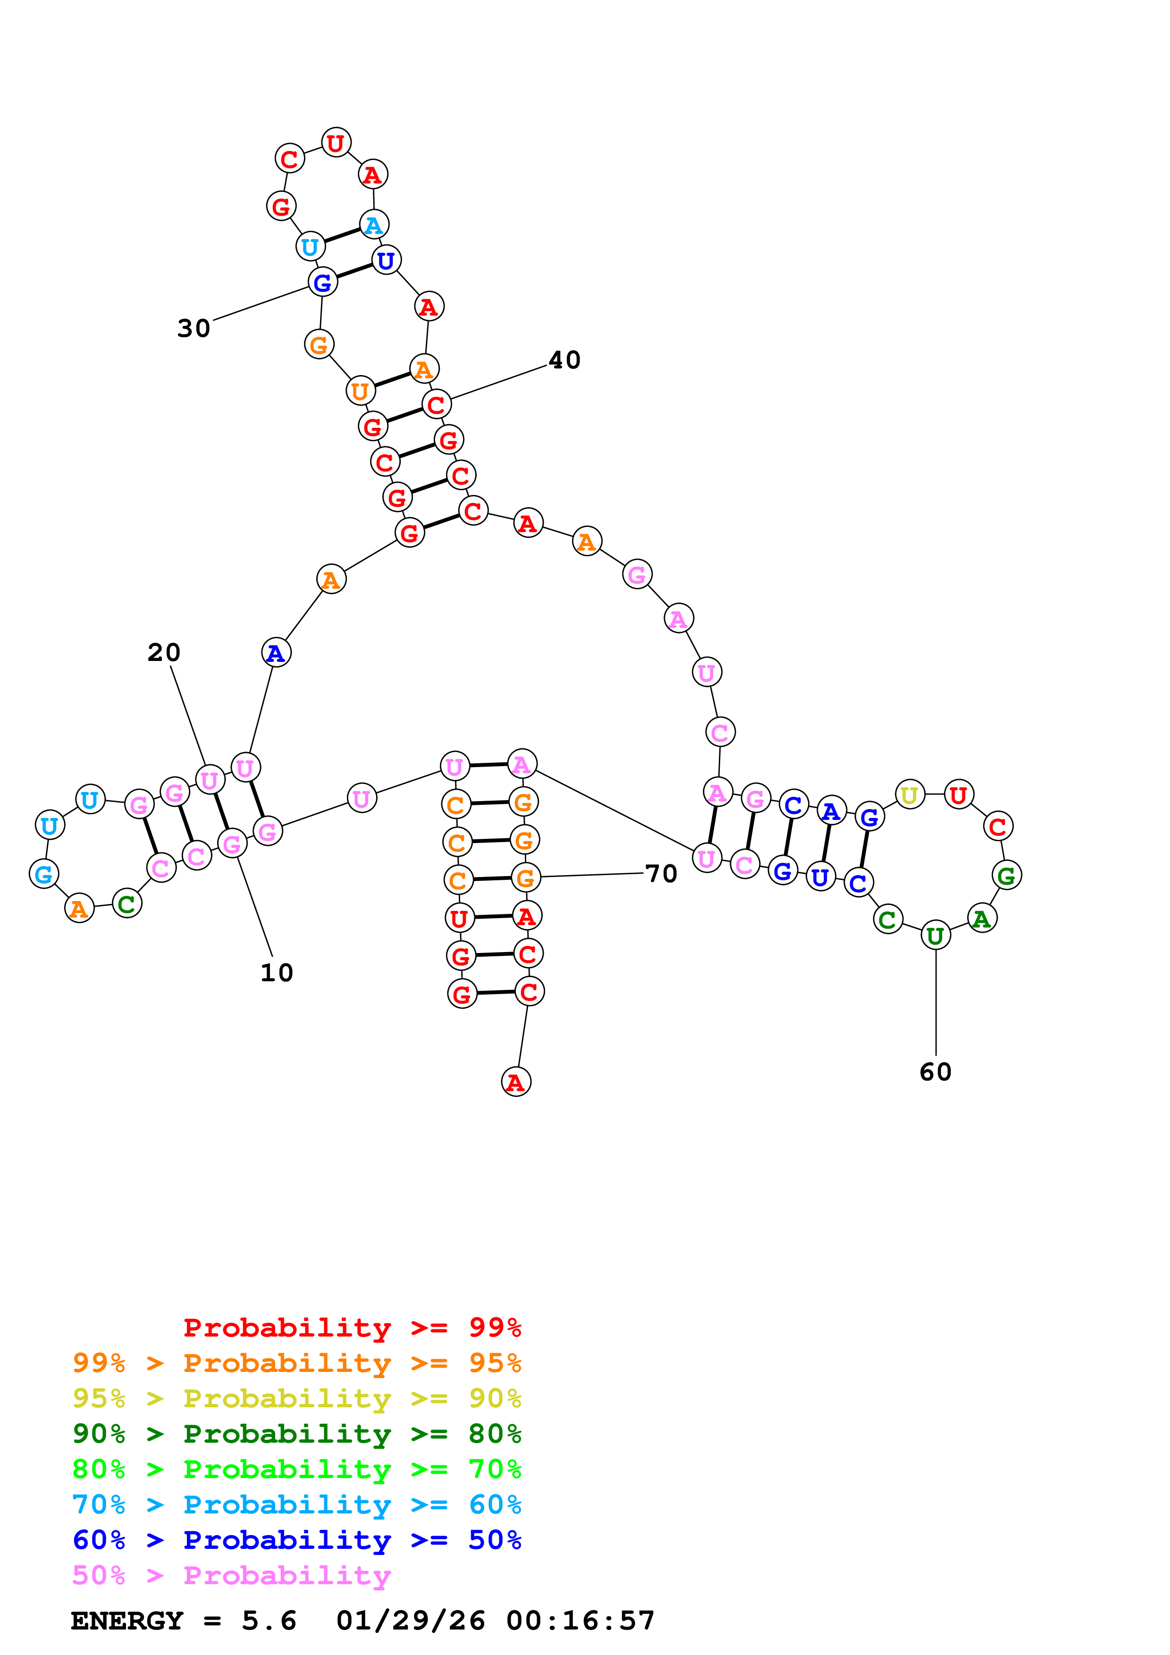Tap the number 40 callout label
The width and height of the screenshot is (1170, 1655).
(x=564, y=359)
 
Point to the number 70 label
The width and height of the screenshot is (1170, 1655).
(x=661, y=874)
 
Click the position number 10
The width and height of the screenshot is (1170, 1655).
(x=277, y=972)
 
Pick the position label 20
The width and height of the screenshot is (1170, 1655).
(x=164, y=652)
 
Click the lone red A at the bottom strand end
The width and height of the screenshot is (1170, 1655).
(x=515, y=1081)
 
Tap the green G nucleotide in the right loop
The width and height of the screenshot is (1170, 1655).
(x=1006, y=875)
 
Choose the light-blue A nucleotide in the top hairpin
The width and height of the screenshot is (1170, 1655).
(x=373, y=225)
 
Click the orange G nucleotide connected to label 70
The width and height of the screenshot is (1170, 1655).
(x=525, y=877)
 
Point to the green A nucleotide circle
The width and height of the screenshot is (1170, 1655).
(x=981, y=919)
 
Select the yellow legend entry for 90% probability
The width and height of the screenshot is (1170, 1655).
(x=297, y=1398)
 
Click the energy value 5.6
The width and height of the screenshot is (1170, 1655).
(x=269, y=1621)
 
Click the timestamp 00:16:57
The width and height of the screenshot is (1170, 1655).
(x=581, y=1621)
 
